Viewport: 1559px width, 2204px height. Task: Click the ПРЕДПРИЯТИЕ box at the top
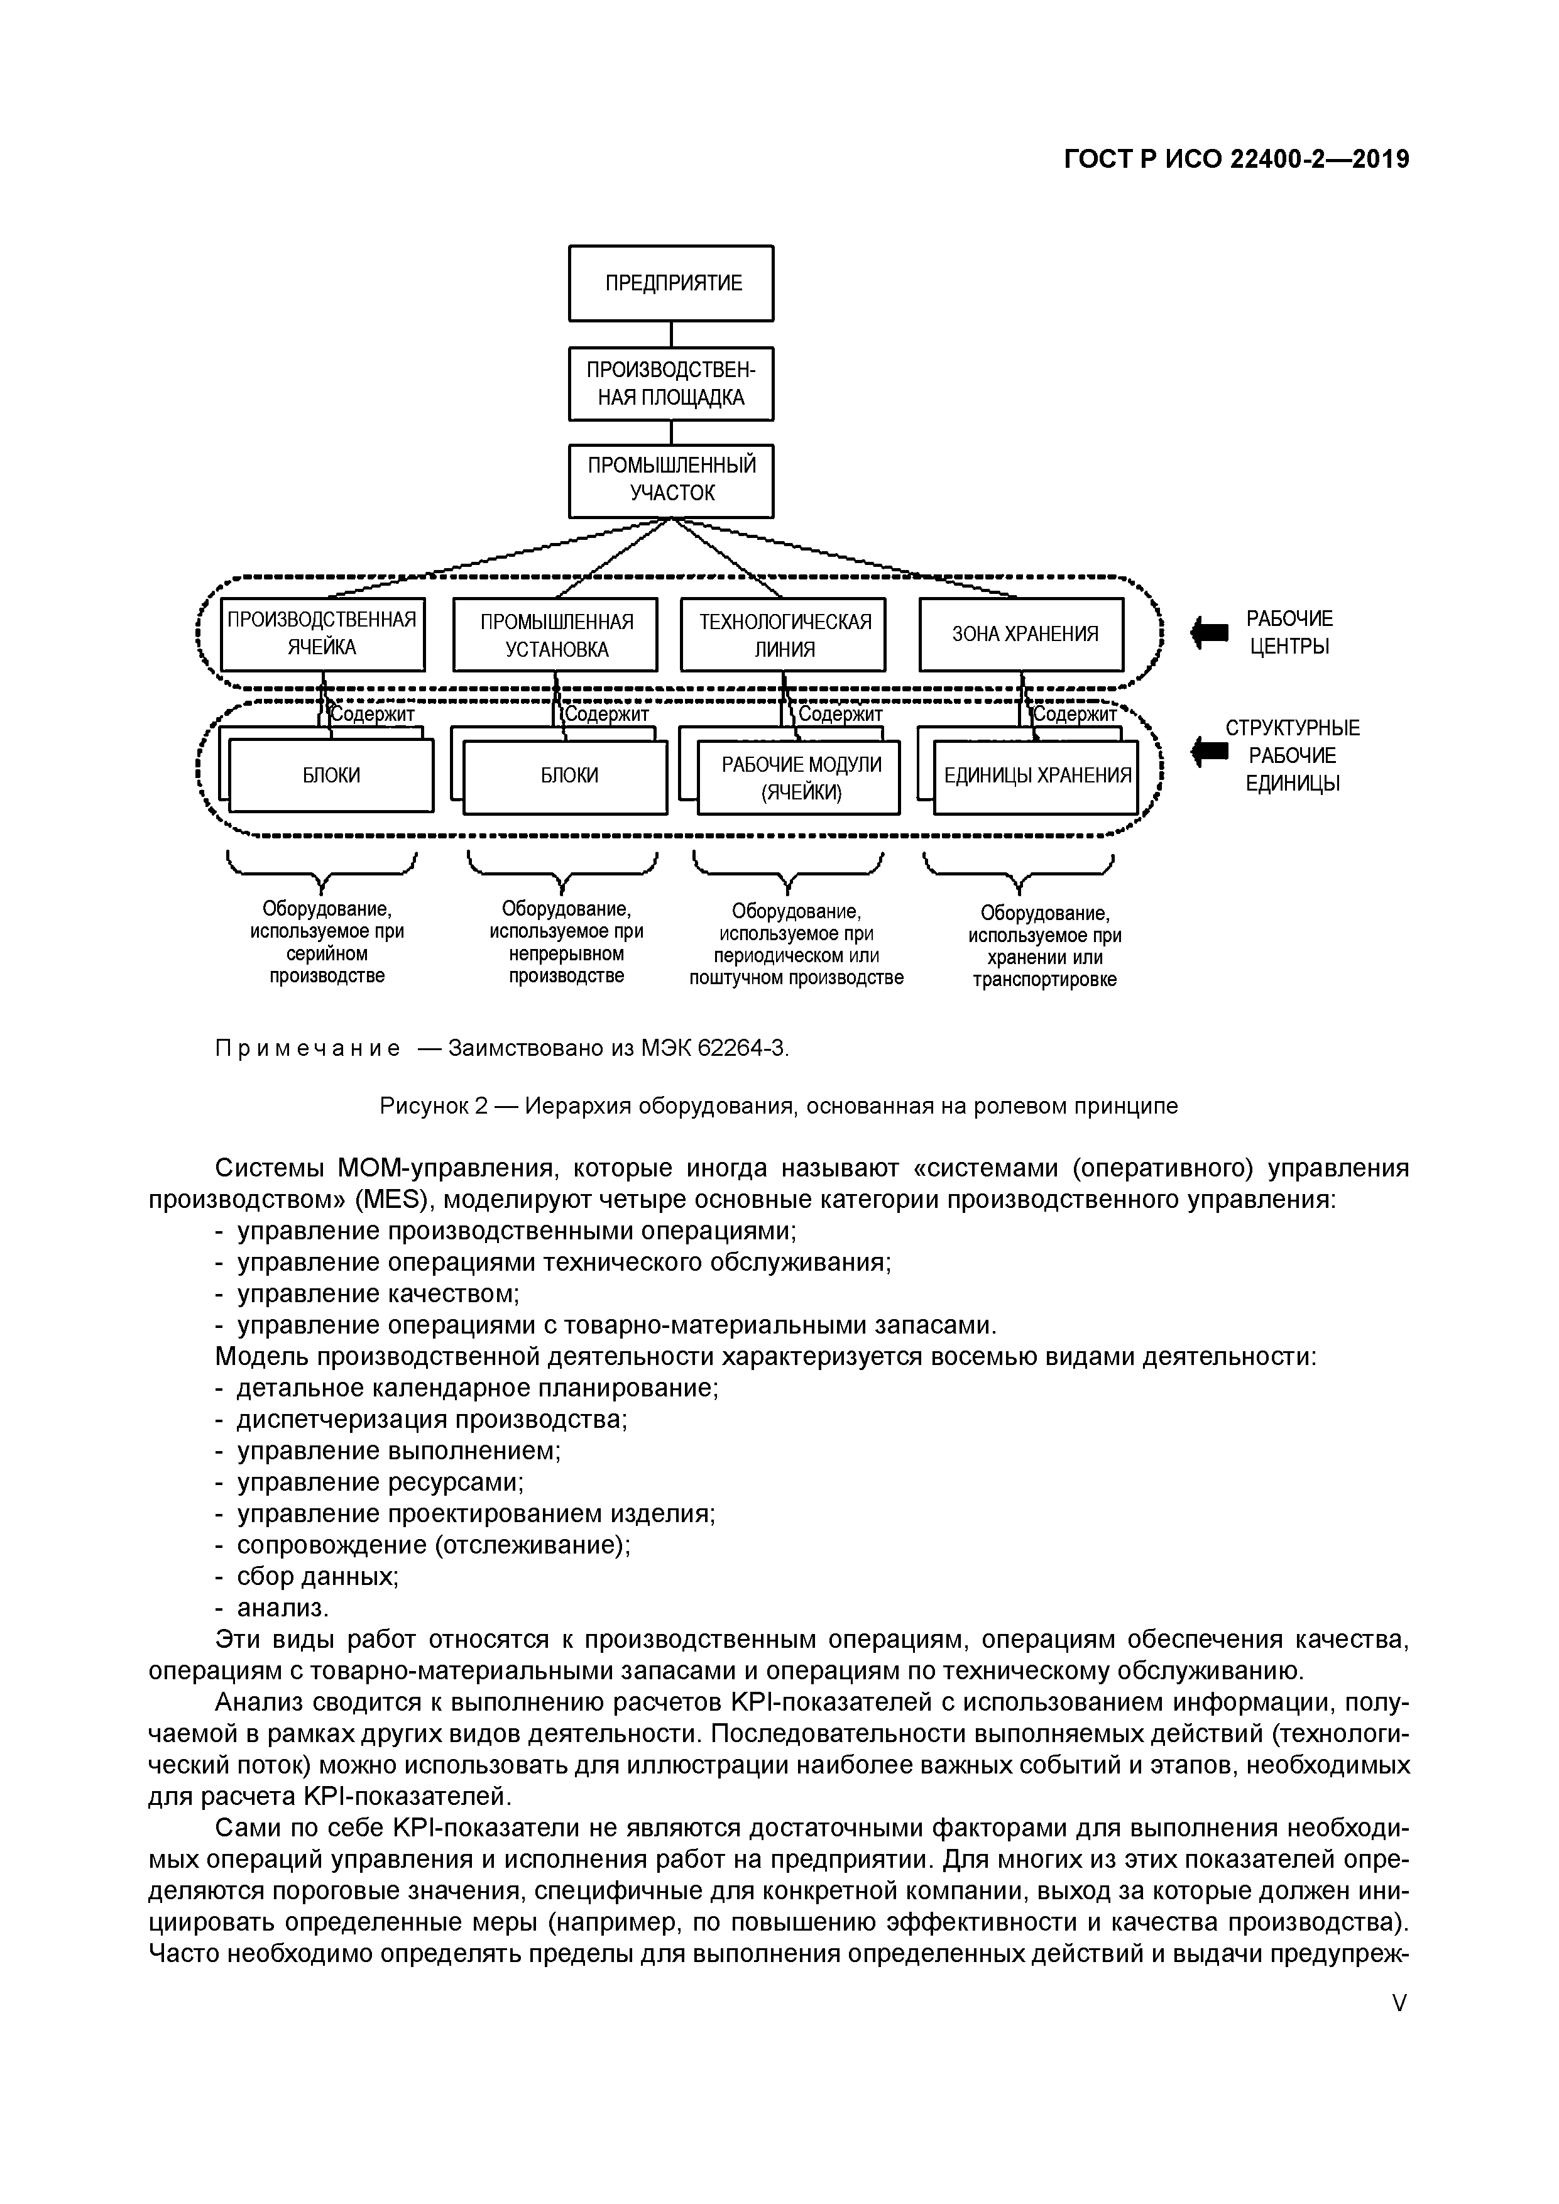click(671, 283)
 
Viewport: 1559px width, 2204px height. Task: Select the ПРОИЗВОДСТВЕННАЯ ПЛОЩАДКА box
click(671, 384)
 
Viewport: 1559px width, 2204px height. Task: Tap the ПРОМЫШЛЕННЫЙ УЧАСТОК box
click(671, 480)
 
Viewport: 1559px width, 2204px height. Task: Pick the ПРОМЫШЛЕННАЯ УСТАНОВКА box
click(556, 635)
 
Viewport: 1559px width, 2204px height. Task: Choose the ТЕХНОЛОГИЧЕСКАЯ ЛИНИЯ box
click(784, 635)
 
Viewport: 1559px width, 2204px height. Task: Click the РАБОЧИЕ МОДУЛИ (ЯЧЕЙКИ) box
click(801, 777)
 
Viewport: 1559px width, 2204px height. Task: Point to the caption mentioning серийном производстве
click(326, 943)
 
